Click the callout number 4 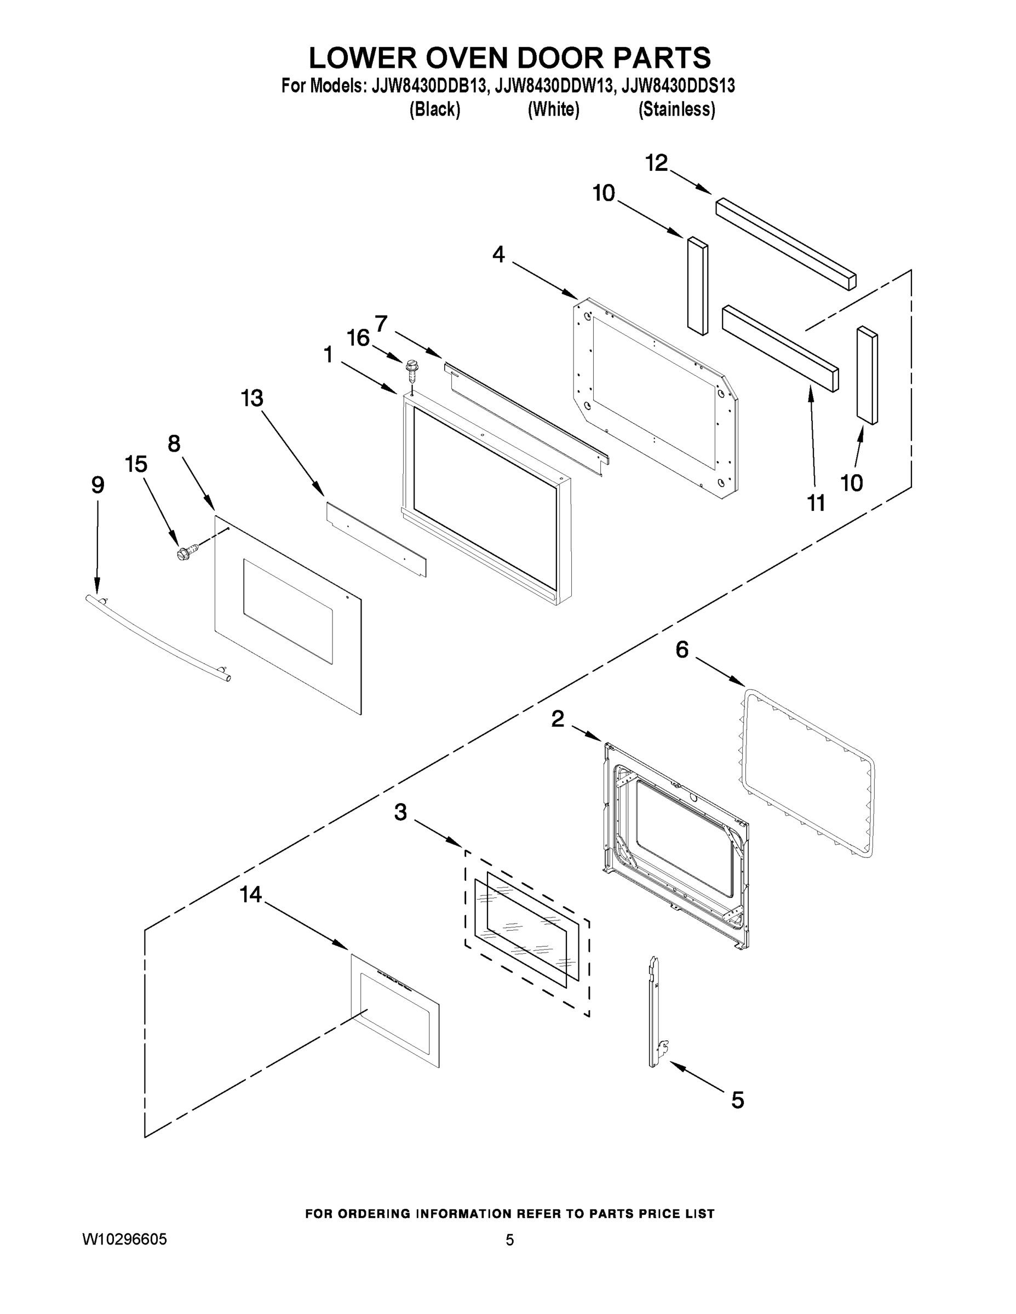[498, 255]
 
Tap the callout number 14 [250, 895]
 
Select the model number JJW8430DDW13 [554, 86]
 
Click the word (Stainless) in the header [676, 109]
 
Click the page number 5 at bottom [509, 1240]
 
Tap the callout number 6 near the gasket [682, 650]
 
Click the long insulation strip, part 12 [785, 244]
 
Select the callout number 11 [816, 503]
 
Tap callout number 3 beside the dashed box [400, 812]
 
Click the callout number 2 [558, 718]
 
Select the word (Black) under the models [434, 109]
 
